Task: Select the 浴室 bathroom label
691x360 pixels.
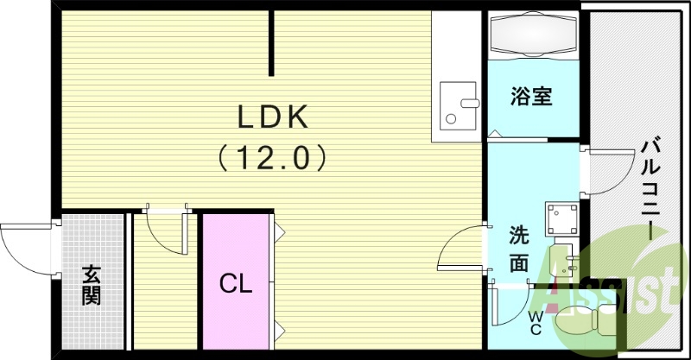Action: pos(531,96)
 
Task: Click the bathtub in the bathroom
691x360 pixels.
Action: pos(531,36)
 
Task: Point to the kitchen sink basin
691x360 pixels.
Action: pos(458,104)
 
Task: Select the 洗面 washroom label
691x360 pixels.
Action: pos(518,249)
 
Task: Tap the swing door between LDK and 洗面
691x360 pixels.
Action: pos(462,250)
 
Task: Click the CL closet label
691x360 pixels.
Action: pos(235,283)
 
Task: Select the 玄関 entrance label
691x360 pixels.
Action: pos(92,285)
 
